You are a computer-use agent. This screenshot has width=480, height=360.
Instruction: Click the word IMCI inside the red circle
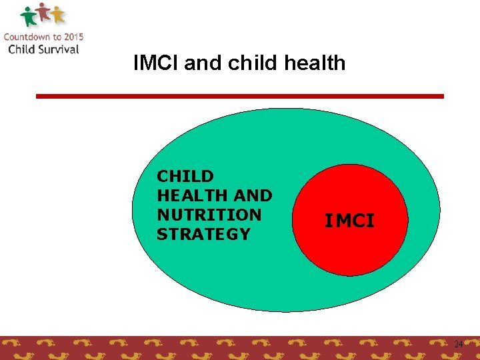pos(349,221)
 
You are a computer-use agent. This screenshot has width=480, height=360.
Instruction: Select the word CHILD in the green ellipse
pos(185,177)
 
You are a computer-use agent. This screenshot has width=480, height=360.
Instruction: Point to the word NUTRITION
pos(209,215)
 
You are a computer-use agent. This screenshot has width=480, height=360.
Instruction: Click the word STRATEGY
pos(203,234)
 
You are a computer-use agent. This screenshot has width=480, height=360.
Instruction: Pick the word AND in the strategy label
pos(254,196)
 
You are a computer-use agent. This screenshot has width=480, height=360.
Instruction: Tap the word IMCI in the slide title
pos(156,63)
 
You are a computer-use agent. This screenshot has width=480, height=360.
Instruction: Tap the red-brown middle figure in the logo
pos(43,12)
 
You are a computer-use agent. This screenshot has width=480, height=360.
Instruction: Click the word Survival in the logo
pos(57,49)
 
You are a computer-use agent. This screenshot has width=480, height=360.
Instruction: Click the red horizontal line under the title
pos(239,96)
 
